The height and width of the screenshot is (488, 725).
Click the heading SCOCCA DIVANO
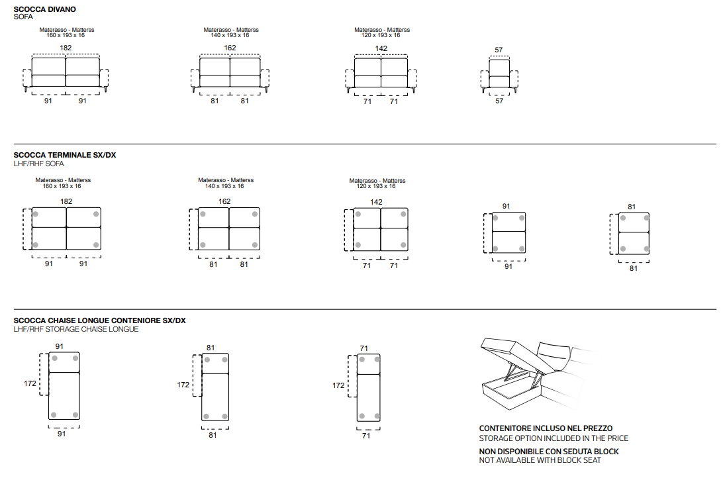pos(44,9)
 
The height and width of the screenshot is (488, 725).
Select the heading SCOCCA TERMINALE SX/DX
pos(64,155)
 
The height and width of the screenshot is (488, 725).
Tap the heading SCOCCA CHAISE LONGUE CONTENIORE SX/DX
pos(99,320)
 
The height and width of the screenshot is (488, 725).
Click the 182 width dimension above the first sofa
pos(66,48)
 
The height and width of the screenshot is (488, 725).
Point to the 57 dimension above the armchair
pos(499,50)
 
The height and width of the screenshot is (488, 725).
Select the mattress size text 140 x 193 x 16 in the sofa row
pos(230,35)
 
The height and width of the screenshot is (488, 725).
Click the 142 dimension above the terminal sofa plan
pos(376,202)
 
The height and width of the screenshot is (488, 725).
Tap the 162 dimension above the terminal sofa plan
pos(224,201)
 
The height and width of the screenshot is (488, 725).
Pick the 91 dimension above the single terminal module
pos(507,207)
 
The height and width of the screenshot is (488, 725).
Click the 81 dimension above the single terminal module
pos(632,207)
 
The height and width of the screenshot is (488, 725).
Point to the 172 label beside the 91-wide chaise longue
pos(30,383)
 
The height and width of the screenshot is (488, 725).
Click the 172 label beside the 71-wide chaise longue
pos(338,385)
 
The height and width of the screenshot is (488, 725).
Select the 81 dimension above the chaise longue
pos(211,348)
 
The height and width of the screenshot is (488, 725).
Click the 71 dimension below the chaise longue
pos(366,436)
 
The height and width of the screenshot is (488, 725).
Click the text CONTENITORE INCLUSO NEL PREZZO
pos(546,428)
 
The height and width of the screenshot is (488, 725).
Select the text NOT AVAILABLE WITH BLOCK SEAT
pos(540,460)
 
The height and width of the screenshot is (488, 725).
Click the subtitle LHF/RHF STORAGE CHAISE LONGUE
pos(76,329)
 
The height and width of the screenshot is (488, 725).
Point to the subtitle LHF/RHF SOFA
pos(38,164)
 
